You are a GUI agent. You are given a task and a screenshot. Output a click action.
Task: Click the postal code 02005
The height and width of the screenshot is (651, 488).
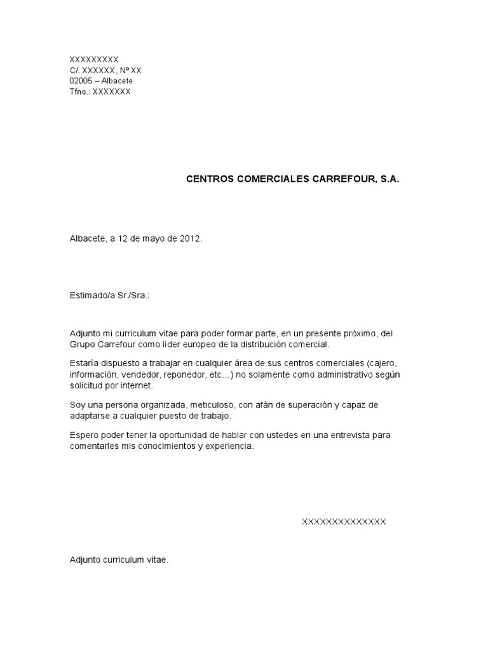click(81, 81)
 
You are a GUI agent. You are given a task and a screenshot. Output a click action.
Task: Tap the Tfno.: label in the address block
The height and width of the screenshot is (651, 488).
click(80, 92)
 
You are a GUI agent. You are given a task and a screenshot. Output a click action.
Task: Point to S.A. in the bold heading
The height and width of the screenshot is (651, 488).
click(390, 179)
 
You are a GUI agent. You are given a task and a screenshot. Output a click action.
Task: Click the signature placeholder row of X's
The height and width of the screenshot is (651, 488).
click(343, 522)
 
